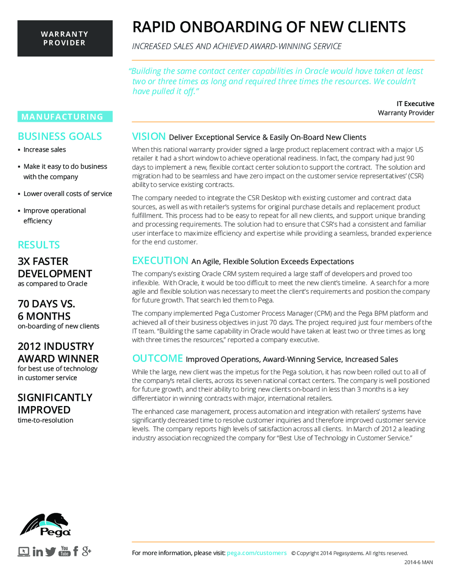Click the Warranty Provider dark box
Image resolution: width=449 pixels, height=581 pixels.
[65, 38]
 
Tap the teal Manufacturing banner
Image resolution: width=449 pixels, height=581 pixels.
[65, 117]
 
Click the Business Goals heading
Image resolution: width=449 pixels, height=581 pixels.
[60, 136]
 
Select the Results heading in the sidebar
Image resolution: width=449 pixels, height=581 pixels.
[39, 245]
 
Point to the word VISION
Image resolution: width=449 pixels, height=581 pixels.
[149, 136]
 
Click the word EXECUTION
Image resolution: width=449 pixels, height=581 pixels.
[160, 260]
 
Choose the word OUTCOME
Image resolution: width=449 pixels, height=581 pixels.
[157, 358]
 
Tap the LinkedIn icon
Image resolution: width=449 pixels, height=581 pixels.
[38, 552]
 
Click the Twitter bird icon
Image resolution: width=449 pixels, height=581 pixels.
[51, 552]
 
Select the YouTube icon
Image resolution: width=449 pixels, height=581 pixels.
[64, 551]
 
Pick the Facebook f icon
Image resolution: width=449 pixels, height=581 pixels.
[75, 551]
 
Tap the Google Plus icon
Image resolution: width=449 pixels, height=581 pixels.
[86, 551]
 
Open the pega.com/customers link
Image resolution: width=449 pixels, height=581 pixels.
[257, 553]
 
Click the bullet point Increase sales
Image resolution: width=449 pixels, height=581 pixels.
[44, 150]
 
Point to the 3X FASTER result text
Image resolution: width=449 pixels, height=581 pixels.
[43, 261]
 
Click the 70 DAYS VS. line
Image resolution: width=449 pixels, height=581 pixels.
[46, 304]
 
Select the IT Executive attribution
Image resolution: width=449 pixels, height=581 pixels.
[415, 104]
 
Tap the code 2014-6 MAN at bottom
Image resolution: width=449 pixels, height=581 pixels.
[418, 562]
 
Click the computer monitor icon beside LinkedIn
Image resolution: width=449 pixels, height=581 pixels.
[24, 552]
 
